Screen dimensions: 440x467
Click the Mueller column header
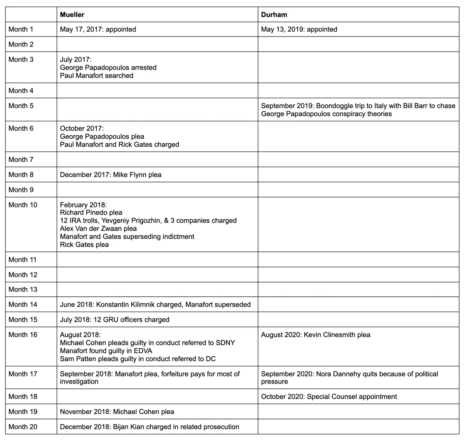point(72,15)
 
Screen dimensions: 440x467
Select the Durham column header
point(274,15)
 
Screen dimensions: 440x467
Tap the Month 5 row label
point(21,106)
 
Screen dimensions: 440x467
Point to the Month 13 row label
point(23,289)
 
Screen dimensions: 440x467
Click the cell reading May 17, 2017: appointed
point(98,29)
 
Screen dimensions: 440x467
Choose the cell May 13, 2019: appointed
point(299,29)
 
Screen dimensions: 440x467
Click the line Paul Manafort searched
point(96,76)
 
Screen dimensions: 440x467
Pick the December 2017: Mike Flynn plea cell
point(111,175)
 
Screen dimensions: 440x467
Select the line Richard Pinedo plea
point(91,212)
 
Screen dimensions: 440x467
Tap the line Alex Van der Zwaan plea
point(98,228)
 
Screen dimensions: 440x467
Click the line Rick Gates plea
point(84,245)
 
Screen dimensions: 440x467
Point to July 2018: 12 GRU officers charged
point(114,319)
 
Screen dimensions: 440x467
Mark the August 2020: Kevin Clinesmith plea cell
point(316,335)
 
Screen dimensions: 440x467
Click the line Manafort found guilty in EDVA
point(106,351)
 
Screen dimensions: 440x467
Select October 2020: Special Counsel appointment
point(329,397)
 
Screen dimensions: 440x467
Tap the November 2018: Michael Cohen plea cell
point(117,412)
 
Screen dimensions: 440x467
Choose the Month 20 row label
point(23,427)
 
